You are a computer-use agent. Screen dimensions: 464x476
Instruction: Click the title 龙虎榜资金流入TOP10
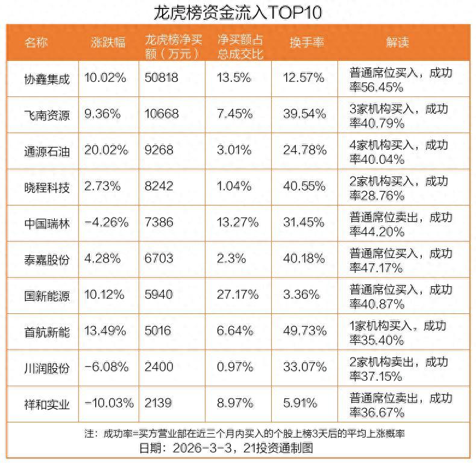[x=238, y=12]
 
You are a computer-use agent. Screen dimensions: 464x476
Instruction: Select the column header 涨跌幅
[x=108, y=42]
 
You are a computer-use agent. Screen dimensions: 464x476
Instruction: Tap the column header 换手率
[x=307, y=42]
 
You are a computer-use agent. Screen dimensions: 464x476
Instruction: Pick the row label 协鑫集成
[x=47, y=79]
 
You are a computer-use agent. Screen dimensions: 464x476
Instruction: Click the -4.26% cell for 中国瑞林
[x=107, y=222]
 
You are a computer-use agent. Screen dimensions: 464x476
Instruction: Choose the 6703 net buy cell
[x=159, y=259]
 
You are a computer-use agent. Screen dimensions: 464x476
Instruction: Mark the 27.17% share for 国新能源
[x=238, y=295]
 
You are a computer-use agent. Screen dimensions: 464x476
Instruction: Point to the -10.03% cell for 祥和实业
[x=109, y=403]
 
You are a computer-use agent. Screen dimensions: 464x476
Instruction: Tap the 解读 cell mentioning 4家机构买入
[x=399, y=151]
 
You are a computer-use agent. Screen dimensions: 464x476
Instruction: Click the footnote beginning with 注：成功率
[x=238, y=433]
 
